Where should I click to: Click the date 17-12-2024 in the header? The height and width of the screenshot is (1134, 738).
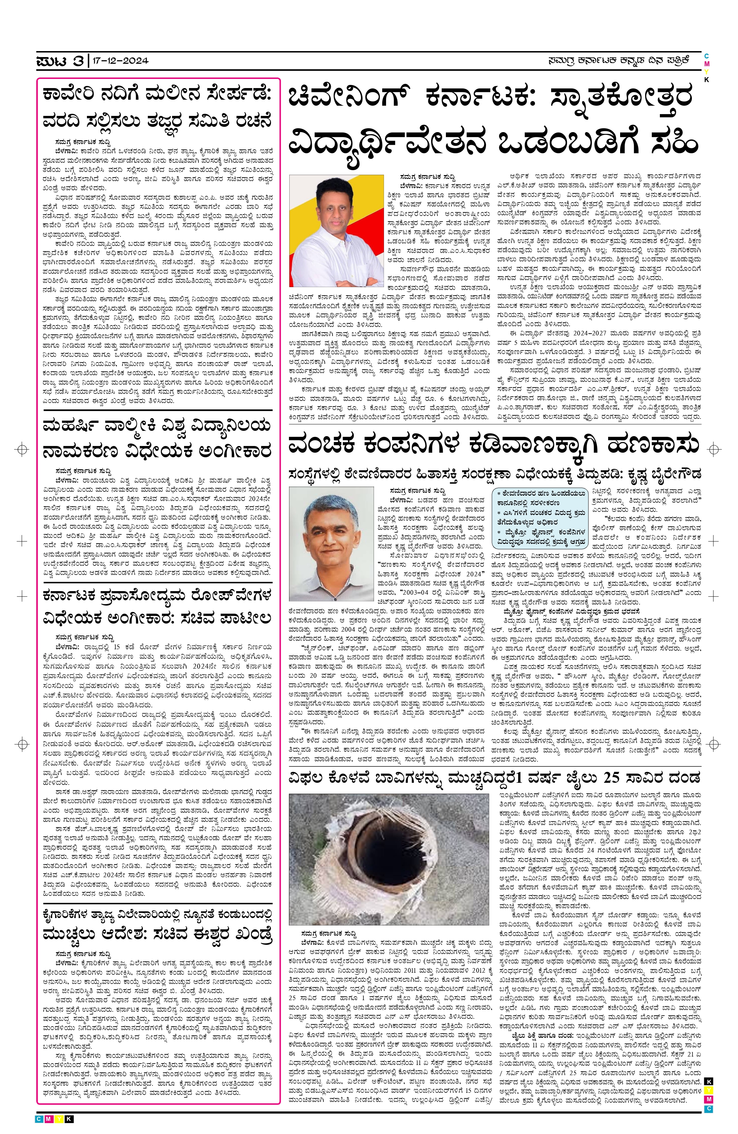[x=120, y=61]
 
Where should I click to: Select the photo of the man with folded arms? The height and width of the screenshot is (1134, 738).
[x=336, y=231]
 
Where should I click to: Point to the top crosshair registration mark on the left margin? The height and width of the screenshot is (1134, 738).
[x=21, y=449]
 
